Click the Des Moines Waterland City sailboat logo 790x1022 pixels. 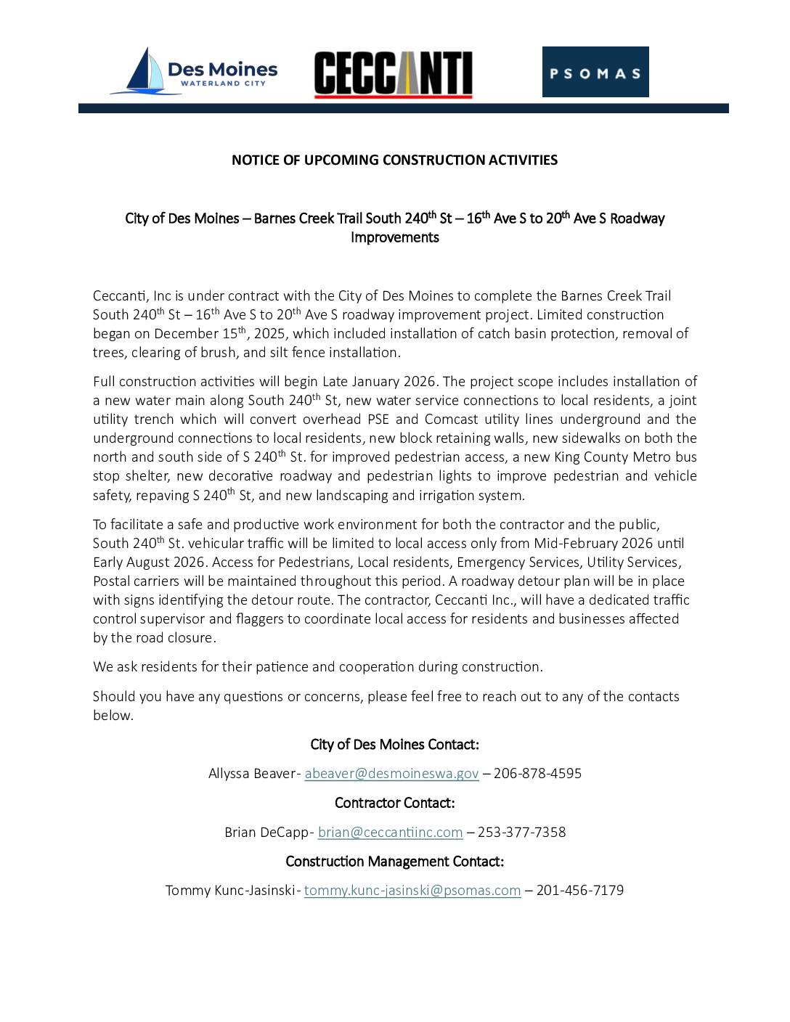click(193, 71)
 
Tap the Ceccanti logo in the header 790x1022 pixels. click(393, 74)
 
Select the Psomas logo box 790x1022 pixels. click(595, 72)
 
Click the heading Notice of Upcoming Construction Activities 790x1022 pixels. click(394, 160)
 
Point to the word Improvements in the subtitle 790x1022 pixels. click(394, 237)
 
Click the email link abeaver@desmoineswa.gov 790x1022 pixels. click(391, 774)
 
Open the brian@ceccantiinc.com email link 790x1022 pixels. click(390, 833)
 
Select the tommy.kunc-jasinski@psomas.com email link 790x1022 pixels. click(412, 891)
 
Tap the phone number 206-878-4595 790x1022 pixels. click(537, 774)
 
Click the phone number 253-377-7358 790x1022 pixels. click(521, 833)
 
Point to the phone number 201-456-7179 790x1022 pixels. click(579, 891)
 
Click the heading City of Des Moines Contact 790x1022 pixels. click(394, 745)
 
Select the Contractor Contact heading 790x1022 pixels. click(394, 803)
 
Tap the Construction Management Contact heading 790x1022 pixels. click(394, 862)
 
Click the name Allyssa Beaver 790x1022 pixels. click(251, 774)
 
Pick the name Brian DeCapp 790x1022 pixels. click(266, 833)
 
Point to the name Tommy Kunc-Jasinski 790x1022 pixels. click(230, 891)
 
